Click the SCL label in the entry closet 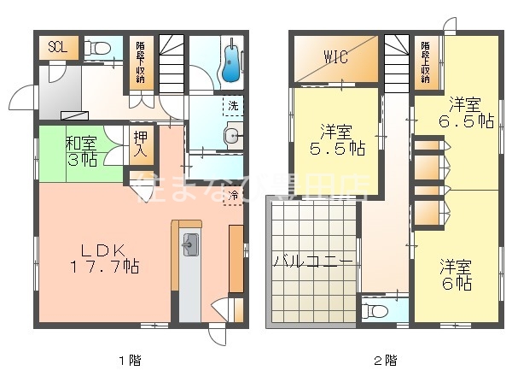[x=58, y=46]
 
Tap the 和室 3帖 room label [x=83, y=151]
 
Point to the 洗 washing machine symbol [x=231, y=107]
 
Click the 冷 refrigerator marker [x=235, y=196]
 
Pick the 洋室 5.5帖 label [x=337, y=140]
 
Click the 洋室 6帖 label [x=457, y=273]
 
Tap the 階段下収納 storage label [x=140, y=62]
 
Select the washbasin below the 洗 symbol [x=231, y=135]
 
